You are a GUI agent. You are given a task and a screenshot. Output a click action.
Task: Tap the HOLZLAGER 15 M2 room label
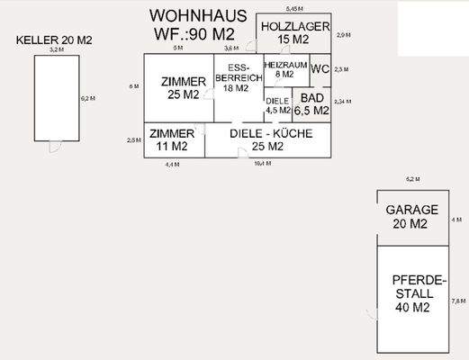[x=293, y=33]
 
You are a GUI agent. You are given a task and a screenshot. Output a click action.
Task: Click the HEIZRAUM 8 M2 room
[x=285, y=70]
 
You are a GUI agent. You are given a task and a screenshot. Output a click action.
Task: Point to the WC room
[x=320, y=69]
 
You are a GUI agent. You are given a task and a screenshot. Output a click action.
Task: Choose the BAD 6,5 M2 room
[x=312, y=103]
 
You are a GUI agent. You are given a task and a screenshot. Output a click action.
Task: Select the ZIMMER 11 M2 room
[x=171, y=139]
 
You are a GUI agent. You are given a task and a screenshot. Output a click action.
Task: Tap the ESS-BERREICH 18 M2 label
[x=238, y=78]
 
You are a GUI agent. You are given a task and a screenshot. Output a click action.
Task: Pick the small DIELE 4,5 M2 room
[x=277, y=106]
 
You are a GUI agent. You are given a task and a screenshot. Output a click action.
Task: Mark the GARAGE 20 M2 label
[x=411, y=216]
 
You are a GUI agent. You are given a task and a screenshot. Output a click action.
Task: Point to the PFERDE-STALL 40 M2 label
[x=413, y=293]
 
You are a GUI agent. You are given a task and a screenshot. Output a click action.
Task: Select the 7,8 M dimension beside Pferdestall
[x=457, y=301]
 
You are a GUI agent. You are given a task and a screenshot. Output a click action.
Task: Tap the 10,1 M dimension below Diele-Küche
[x=263, y=164]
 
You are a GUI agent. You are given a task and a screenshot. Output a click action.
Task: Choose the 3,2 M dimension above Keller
[x=56, y=50]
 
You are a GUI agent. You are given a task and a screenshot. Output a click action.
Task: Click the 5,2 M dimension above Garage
[x=413, y=180]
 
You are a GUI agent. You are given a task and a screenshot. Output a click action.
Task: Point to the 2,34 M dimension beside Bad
[x=342, y=102]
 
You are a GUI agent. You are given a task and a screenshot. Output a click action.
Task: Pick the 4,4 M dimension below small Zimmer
[x=172, y=165]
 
